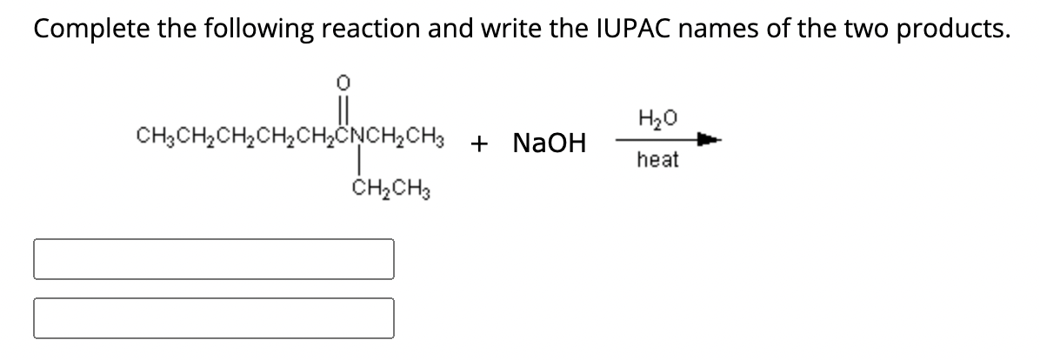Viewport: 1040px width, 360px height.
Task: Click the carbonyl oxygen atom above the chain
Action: click(x=343, y=83)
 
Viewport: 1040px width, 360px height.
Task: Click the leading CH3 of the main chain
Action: click(x=150, y=138)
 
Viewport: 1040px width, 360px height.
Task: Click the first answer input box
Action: click(x=214, y=259)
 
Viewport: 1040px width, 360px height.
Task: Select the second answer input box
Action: click(x=214, y=318)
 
